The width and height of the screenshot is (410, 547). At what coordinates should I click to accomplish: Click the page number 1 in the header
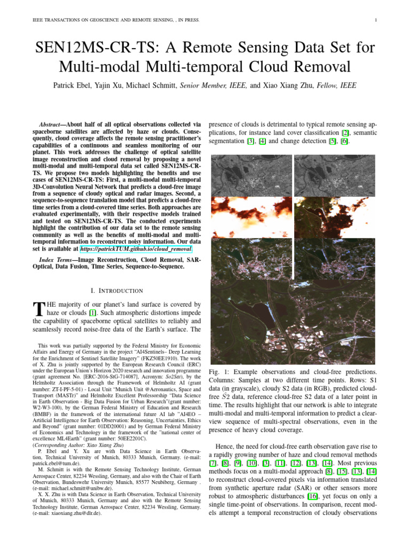[x=376, y=20]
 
